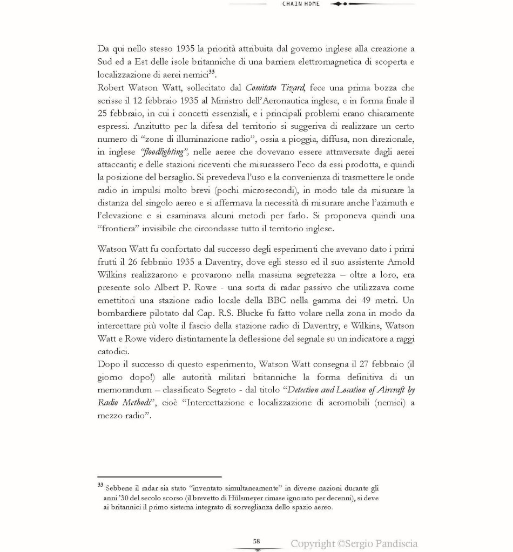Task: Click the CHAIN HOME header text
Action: pos(301,4)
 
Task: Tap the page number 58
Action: pos(256,541)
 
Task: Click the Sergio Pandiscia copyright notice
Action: pos(354,543)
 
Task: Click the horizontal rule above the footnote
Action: pos(159,477)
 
